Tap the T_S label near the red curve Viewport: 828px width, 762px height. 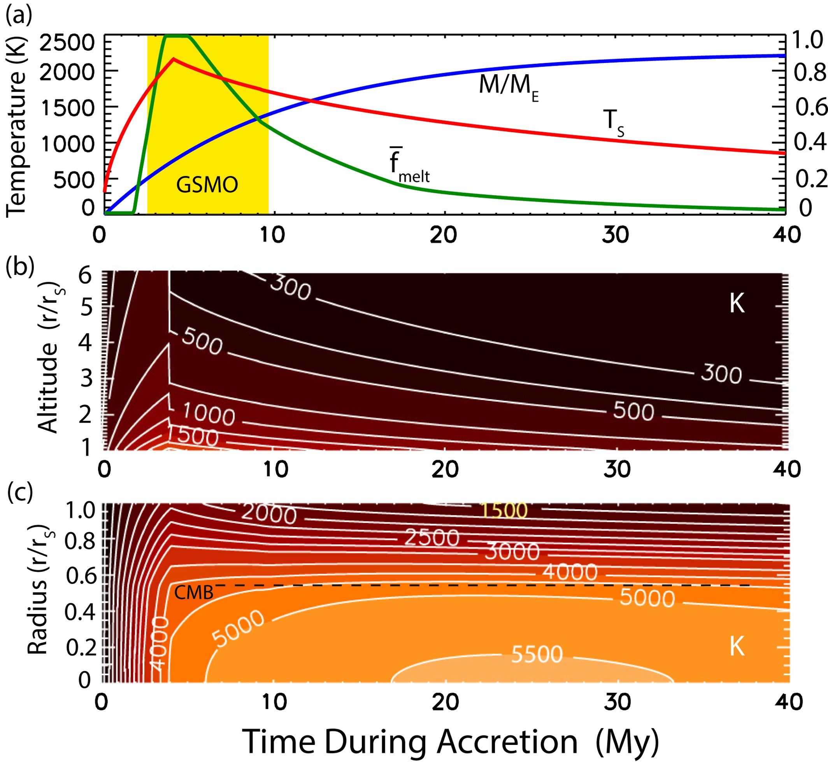tap(613, 122)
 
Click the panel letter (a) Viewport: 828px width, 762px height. tap(19, 16)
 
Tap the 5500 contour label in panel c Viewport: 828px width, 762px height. tap(537, 654)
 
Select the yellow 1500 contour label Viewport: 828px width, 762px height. tap(504, 510)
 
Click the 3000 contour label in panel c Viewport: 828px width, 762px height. tap(512, 552)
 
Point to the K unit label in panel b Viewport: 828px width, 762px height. tap(737, 304)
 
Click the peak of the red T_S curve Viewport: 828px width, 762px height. tap(174, 59)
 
